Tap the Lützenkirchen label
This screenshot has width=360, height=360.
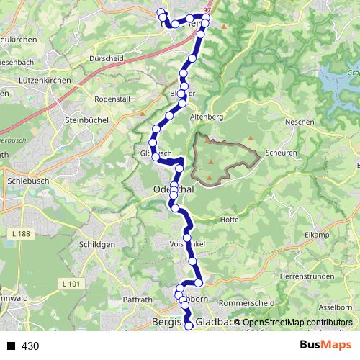point(45,81)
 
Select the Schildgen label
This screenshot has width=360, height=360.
point(95,245)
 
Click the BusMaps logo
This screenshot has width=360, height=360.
point(325,346)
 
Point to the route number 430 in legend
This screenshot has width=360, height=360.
point(30,346)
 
